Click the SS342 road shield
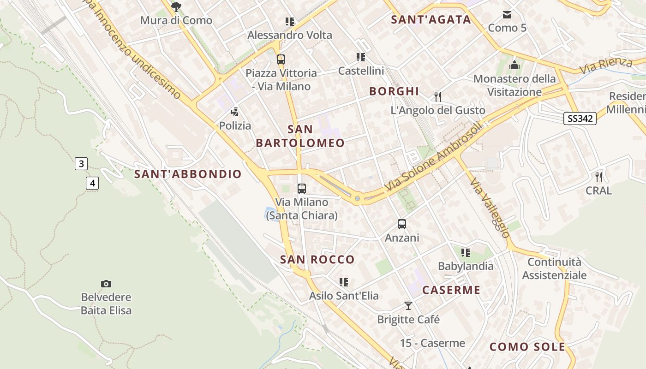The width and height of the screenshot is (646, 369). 580,119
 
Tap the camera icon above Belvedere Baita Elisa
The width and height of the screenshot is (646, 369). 106,284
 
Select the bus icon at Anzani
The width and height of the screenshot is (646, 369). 402,224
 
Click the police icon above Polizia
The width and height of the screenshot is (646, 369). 235,112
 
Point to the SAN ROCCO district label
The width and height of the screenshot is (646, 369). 317,260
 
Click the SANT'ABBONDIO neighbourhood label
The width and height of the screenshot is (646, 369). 188,174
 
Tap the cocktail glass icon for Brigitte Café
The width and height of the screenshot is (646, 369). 408,305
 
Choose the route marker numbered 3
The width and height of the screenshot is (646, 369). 81,163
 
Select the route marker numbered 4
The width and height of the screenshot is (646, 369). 92,183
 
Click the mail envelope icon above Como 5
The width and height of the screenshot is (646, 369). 507,15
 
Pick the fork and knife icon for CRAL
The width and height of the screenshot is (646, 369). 599,177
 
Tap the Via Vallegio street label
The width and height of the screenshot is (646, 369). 490,208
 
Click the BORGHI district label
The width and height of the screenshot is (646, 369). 394,91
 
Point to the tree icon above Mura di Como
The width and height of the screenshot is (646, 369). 176,6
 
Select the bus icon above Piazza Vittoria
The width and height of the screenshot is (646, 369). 281,59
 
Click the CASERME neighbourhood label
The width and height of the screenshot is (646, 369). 451,290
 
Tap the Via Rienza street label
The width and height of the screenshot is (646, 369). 606,65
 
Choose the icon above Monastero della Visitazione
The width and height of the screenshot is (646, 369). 514,65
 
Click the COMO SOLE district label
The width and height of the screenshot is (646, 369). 527,347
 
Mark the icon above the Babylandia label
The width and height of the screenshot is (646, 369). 465,252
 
